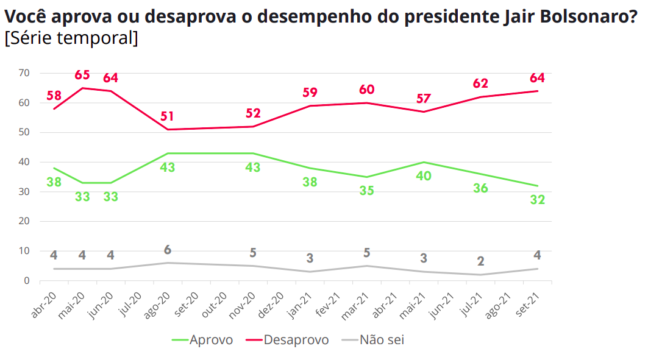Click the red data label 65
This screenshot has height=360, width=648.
coord(82,76)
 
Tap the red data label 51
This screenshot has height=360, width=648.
coord(167,116)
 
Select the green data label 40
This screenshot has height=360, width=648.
coord(424,176)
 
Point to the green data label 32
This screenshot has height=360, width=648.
coord(537,200)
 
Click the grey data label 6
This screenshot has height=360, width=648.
coord(167,250)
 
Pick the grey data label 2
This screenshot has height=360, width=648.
coord(481,262)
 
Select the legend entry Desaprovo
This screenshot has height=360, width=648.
coord(296,340)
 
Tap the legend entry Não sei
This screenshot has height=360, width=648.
coord(382,340)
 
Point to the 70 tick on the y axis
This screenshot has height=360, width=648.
coord(25,73)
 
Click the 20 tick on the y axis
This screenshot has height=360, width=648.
coord(25,221)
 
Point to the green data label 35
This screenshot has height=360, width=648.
coord(366,191)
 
